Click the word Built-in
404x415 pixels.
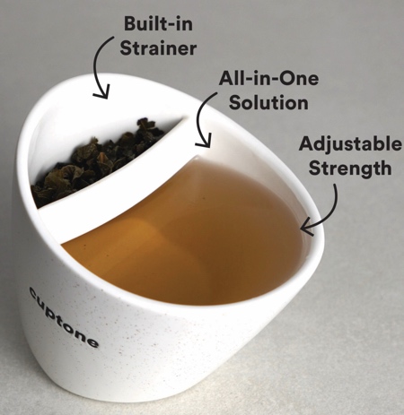158,23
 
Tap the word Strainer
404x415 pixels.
158,48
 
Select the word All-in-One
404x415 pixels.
268,78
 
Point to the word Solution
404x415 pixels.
268,102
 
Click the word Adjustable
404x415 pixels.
350,145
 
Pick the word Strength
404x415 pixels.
350,168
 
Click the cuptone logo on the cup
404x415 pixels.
64,317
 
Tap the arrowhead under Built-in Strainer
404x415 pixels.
101,92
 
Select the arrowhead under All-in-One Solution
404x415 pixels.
204,141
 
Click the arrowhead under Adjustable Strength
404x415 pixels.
307,229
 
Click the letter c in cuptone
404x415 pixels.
33,293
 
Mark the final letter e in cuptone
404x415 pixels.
92,342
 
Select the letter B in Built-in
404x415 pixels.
130,24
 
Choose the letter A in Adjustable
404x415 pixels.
306,143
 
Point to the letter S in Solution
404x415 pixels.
235,103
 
